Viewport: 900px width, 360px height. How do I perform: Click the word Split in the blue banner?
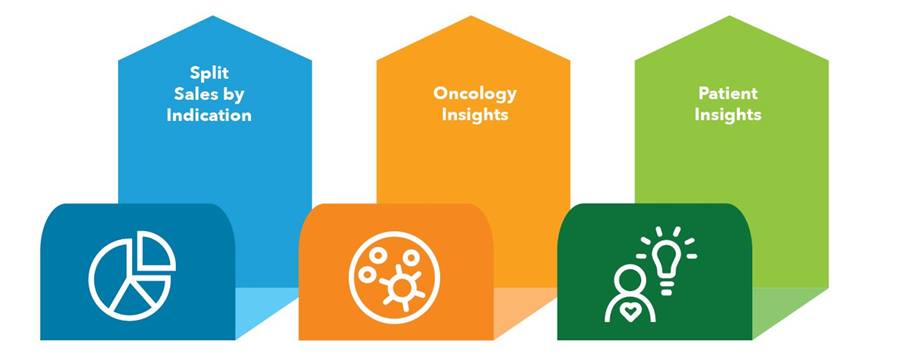coord(209,73)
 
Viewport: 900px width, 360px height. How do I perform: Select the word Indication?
coord(209,115)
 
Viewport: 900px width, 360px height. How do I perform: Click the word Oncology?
coord(475,94)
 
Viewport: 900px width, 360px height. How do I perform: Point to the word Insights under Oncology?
coord(475,115)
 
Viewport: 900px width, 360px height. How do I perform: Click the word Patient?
coord(728,93)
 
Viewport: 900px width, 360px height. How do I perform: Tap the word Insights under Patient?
coord(728,115)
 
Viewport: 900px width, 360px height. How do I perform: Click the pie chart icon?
coord(132,276)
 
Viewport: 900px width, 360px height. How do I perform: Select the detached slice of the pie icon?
coord(155,250)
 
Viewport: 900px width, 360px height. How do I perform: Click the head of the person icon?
coord(629,281)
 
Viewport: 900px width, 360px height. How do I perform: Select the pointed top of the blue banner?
coord(215,16)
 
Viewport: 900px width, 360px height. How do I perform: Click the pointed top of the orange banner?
coord(473,16)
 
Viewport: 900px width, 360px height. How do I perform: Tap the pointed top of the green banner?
coord(731,16)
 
